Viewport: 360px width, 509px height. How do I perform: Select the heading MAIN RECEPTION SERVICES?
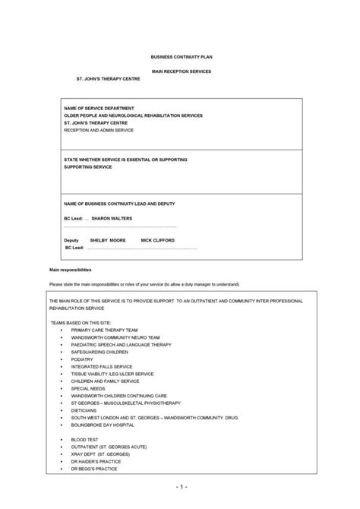[182, 71]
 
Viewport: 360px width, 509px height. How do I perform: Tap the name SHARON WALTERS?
[111, 218]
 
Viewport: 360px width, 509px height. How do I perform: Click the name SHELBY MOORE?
[107, 240]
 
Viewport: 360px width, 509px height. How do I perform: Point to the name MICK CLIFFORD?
[157, 240]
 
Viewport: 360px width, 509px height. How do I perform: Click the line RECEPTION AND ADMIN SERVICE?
[99, 130]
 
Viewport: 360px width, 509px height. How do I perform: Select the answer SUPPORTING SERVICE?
[88, 166]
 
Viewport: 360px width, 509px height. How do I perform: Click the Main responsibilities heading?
[70, 270]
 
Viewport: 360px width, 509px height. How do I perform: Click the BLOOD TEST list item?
[86, 439]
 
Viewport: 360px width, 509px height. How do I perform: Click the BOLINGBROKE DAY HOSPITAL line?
[106, 425]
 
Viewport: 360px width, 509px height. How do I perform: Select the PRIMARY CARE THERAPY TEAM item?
[105, 330]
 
